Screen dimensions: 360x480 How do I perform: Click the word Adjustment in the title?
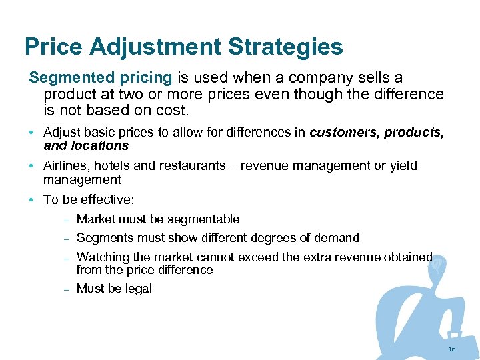155,47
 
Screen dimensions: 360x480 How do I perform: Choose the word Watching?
103,257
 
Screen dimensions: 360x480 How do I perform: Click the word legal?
137,289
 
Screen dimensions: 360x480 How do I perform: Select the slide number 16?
452,349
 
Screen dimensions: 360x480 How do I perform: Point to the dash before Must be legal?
67,289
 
